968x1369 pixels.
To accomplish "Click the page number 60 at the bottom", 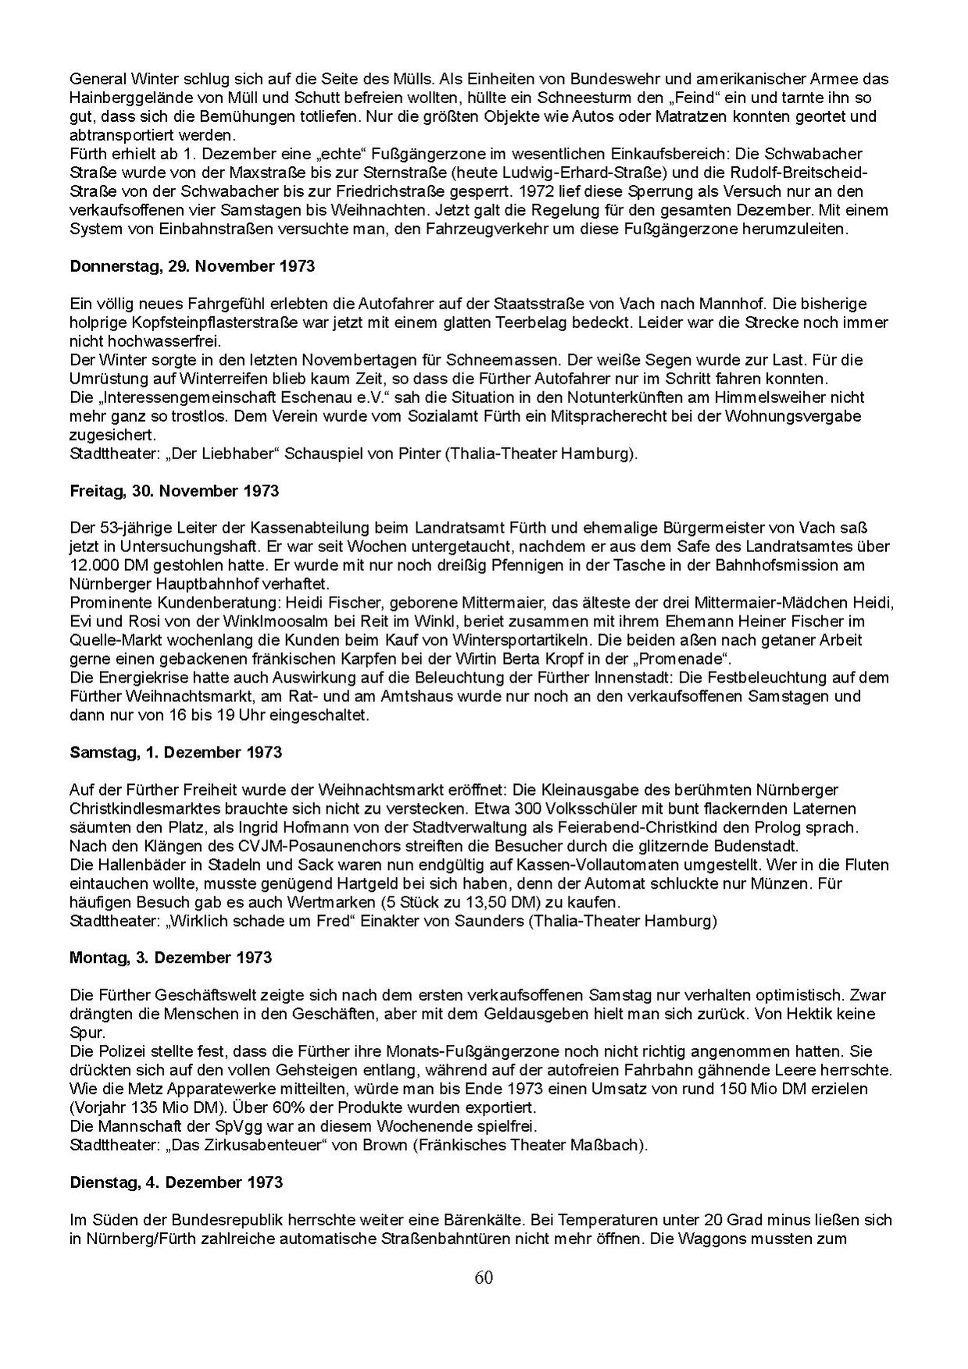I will point(484,1278).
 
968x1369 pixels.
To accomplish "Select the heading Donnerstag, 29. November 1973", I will point(192,266).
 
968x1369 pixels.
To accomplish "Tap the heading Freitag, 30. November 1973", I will point(174,491).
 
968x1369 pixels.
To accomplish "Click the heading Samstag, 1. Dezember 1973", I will point(176,753).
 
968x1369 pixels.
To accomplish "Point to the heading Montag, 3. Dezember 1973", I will point(170,957).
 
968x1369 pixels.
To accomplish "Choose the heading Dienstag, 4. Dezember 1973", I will point(177,1182).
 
